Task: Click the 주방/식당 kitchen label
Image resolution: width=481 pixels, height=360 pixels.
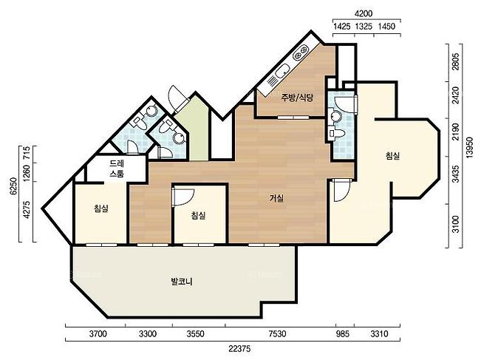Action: (x=297, y=98)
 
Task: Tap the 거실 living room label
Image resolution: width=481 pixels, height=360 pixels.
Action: (x=276, y=198)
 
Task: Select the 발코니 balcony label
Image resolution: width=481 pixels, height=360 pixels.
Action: (x=182, y=281)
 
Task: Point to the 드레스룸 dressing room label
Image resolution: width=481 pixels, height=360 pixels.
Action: (x=117, y=169)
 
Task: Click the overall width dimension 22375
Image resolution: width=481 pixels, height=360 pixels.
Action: (x=239, y=349)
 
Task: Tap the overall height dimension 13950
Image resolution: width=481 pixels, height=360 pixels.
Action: (x=470, y=146)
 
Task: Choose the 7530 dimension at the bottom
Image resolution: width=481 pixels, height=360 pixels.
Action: (x=277, y=333)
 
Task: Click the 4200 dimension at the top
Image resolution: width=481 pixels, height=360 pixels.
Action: (x=364, y=14)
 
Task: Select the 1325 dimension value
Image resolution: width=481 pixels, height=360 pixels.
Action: (x=364, y=27)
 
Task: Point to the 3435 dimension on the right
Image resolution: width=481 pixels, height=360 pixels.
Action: (x=456, y=174)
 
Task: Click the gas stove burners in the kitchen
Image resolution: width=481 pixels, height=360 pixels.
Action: (x=301, y=52)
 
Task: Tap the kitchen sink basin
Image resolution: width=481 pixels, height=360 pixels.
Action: (x=282, y=72)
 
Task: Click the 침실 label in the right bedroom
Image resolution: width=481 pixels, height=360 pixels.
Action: (x=392, y=156)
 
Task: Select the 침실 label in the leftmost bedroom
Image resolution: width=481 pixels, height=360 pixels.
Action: (x=101, y=209)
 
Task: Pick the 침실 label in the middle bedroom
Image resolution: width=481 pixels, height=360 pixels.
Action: (x=198, y=215)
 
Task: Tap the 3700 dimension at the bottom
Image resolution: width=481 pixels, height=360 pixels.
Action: (x=98, y=333)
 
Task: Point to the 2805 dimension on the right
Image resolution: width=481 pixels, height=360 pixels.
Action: (x=456, y=62)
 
